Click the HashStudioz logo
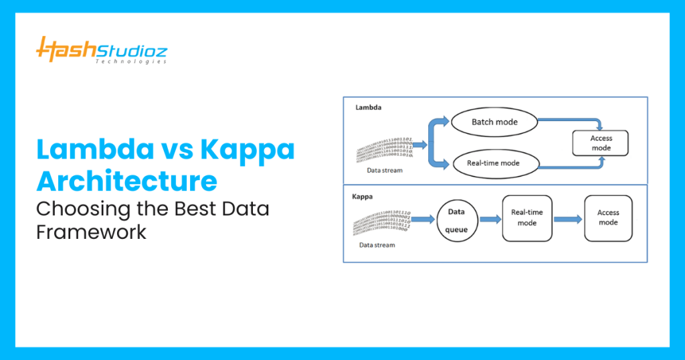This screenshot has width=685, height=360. [x=101, y=50]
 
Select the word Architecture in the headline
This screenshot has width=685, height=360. [x=126, y=181]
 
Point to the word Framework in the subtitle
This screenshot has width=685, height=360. [x=91, y=232]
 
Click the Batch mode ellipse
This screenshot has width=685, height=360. [x=494, y=122]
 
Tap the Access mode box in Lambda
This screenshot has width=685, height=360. [x=601, y=143]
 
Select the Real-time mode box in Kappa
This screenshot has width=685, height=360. [x=526, y=217]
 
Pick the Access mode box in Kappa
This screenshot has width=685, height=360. [x=608, y=217]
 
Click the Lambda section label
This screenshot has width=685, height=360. [x=369, y=106]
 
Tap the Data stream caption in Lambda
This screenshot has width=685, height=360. [x=385, y=170]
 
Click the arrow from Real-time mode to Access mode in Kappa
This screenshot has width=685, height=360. [x=567, y=219]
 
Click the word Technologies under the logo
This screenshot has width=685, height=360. [x=130, y=61]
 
